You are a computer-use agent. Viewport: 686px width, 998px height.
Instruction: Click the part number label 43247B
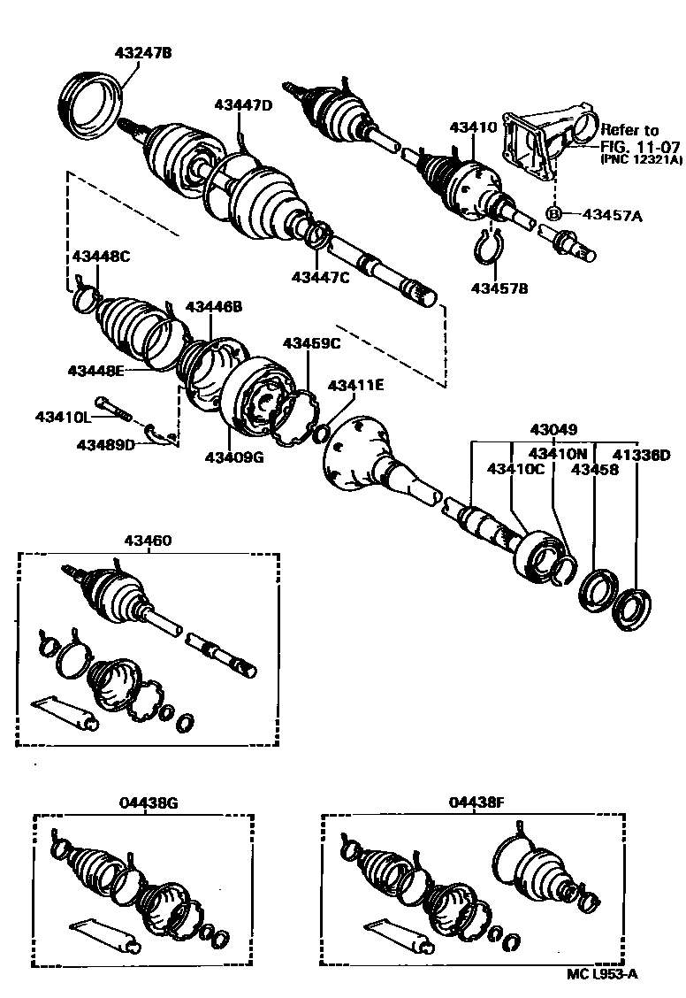tap(142, 53)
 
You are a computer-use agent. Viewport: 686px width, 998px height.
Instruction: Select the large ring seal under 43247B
tap(93, 104)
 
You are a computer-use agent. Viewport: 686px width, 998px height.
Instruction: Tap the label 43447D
tap(242, 104)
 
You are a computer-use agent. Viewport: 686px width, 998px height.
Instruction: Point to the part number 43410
tap(473, 127)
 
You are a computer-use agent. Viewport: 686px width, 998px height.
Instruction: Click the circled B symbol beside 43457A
tap(554, 213)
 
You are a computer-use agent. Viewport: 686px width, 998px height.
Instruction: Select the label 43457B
tap(499, 288)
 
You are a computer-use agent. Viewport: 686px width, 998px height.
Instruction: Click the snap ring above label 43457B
tap(490, 247)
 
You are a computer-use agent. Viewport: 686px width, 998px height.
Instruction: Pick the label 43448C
tap(100, 257)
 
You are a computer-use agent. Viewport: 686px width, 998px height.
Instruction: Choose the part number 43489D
tap(105, 444)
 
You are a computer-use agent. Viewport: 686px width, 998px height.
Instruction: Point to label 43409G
tap(234, 457)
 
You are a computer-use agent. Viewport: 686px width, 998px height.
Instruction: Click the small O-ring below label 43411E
tap(322, 433)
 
